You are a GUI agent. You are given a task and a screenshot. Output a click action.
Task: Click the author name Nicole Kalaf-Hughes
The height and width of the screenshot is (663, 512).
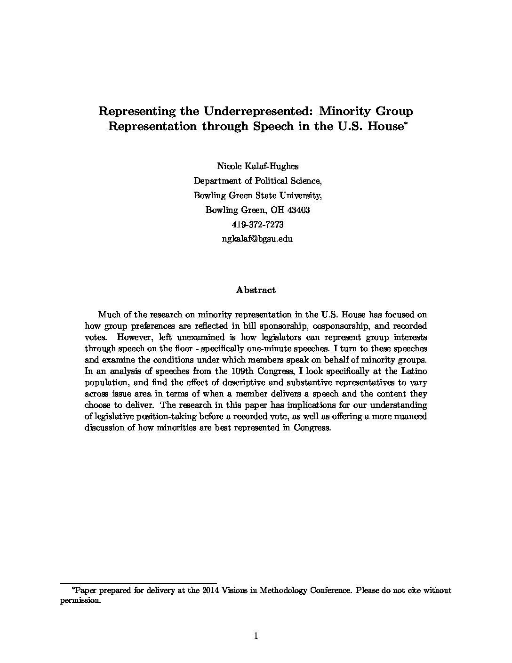[257, 166]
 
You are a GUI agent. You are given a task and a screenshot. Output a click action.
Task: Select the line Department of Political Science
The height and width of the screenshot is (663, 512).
[257, 180]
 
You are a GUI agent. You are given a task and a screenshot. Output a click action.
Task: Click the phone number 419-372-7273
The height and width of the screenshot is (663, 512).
[257, 225]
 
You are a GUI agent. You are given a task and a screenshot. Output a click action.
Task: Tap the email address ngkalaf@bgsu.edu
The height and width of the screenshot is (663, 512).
[257, 239]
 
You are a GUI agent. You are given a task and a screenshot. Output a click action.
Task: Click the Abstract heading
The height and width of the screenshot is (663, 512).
[256, 290]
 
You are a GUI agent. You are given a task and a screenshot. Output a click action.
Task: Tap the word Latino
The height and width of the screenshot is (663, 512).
[414, 371]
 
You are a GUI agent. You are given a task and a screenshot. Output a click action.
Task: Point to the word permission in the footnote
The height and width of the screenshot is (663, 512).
[80, 601]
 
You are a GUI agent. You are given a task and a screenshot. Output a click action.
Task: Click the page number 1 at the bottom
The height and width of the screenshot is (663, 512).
[256, 637]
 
